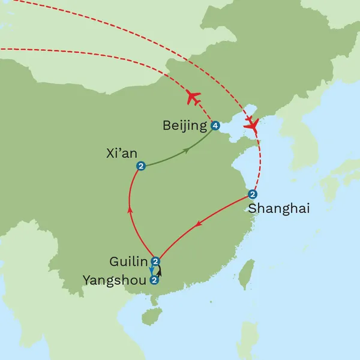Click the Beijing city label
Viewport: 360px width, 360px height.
[x=184, y=125]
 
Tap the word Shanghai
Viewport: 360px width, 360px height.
[x=278, y=209]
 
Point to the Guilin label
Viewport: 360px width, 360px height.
[x=128, y=262]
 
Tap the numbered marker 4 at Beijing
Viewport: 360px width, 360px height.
[x=215, y=125]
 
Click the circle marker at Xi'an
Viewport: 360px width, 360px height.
[x=141, y=166]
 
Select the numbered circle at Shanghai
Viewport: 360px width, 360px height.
[x=253, y=194]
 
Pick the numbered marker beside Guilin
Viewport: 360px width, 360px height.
[x=155, y=261]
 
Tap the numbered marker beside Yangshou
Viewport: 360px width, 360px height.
[x=155, y=280]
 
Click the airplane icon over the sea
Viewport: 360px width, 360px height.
[x=251, y=125]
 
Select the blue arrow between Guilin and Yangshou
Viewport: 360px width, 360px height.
[x=151, y=271]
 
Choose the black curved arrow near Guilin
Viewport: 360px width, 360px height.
[x=160, y=271]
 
